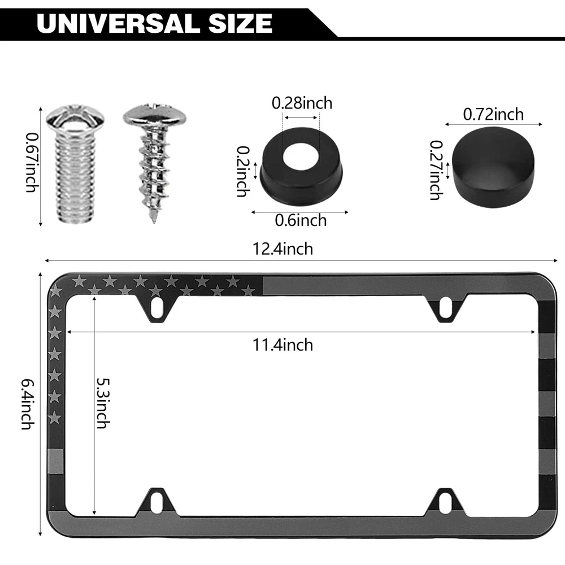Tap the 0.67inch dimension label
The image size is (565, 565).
click(32, 163)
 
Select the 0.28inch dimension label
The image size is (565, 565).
click(302, 103)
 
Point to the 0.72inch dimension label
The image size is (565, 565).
click(493, 114)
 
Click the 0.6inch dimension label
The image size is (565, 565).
click(301, 220)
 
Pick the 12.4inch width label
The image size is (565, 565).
click(282, 249)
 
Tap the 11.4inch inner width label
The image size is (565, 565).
click(282, 345)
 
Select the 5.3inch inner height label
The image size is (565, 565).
click(103, 403)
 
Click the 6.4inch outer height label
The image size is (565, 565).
click(28, 404)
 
